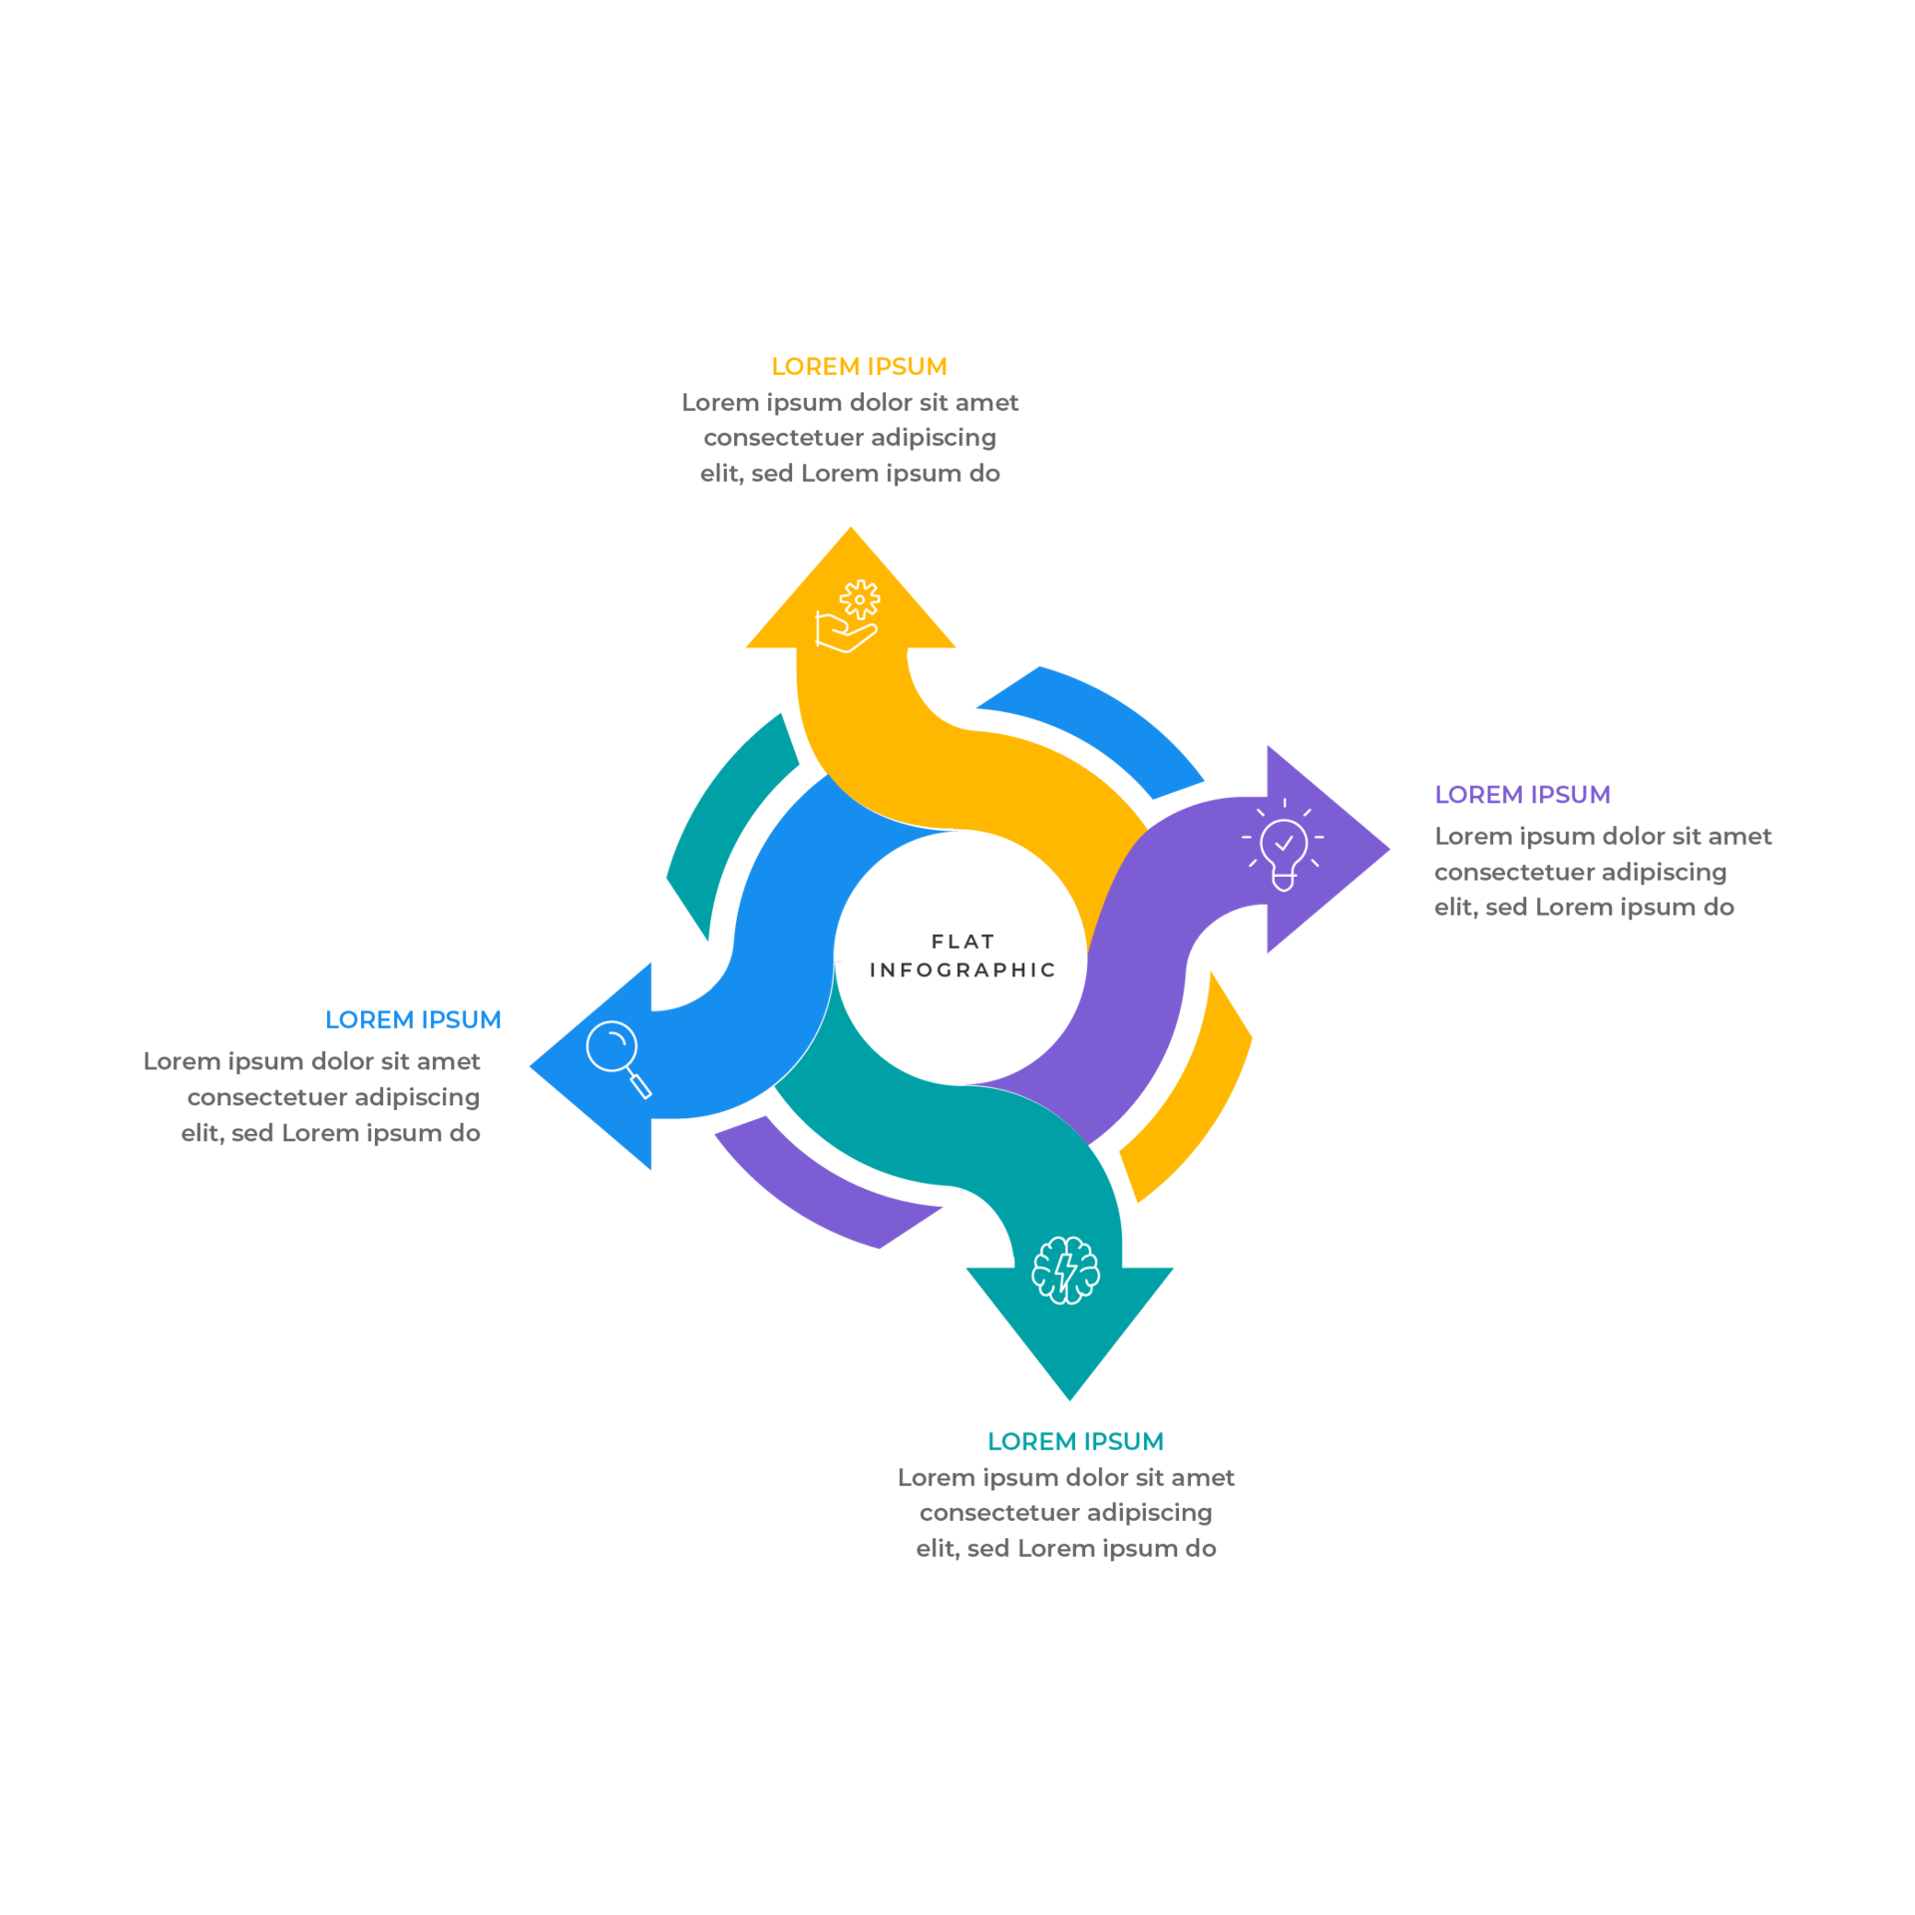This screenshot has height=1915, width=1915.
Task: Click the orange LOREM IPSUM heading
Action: point(859,367)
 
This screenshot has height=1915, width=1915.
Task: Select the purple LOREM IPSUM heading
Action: point(1522,795)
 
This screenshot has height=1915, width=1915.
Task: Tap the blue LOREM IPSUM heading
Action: point(413,1020)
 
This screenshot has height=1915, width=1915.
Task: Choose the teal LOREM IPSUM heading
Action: point(1075,1442)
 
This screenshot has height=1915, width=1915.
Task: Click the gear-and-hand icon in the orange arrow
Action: point(847,616)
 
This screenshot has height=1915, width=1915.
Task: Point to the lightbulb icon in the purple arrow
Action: point(1283,845)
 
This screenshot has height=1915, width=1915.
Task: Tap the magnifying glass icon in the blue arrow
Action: point(618,1059)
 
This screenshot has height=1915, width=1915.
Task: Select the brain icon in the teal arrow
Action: point(1065,1271)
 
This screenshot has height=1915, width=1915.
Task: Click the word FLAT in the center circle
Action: point(962,942)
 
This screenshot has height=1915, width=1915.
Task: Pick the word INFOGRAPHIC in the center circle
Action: point(962,970)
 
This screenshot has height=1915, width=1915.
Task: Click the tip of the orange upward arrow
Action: point(851,528)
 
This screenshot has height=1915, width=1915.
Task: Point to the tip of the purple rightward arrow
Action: point(1388,850)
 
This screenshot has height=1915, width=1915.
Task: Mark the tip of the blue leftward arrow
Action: point(531,1066)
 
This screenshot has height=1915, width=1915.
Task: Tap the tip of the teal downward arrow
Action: point(1069,1399)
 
